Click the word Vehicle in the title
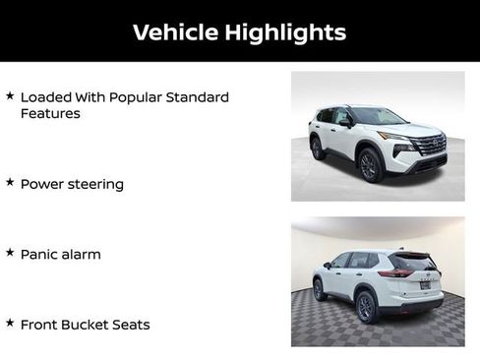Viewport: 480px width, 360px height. (174, 31)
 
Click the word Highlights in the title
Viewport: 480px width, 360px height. (285, 32)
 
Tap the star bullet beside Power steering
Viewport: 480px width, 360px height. (10, 182)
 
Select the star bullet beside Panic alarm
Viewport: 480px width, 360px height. (10, 252)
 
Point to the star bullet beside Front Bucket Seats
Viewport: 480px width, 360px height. (10, 322)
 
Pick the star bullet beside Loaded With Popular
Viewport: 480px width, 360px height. (10, 95)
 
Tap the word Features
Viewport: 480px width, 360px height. (50, 113)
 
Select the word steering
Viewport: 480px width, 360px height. (94, 185)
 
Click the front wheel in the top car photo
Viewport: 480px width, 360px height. (371, 164)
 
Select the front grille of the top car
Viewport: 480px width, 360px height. (429, 144)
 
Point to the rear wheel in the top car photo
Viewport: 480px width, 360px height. (318, 147)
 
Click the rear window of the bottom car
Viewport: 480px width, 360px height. (412, 262)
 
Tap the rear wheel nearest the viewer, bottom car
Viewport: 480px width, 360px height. (366, 307)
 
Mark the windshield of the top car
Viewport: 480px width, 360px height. (377, 116)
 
